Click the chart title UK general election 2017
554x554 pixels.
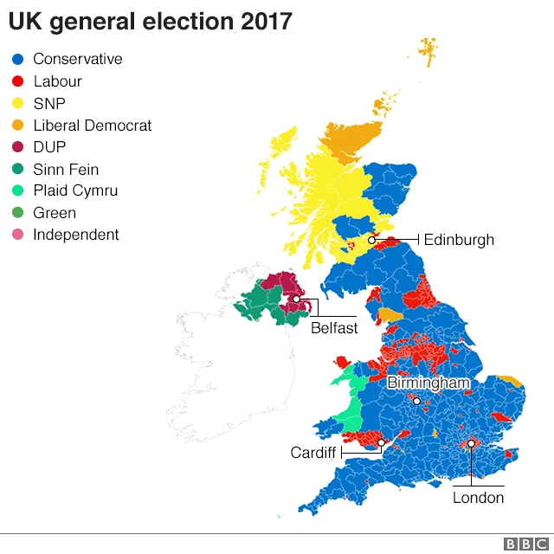[150, 22]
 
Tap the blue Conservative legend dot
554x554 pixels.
[16, 60]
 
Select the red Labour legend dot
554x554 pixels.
[16, 81]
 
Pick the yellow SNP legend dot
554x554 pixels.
[16, 104]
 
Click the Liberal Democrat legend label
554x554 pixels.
[92, 126]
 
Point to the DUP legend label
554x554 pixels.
[49, 147]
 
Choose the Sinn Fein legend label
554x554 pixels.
[66, 170]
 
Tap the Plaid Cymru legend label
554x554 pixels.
[75, 191]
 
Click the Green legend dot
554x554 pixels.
[16, 213]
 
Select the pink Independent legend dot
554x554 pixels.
[16, 235]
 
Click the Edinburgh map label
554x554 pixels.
[459, 240]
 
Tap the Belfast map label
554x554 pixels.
[334, 328]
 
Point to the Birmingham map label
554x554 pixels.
[428, 383]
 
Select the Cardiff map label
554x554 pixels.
[312, 453]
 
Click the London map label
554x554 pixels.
[478, 498]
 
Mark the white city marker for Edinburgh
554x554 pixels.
[371, 240]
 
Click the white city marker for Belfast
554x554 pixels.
[296, 300]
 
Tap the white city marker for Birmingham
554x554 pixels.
[416, 401]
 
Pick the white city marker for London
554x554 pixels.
[471, 443]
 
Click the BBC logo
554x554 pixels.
[522, 543]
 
